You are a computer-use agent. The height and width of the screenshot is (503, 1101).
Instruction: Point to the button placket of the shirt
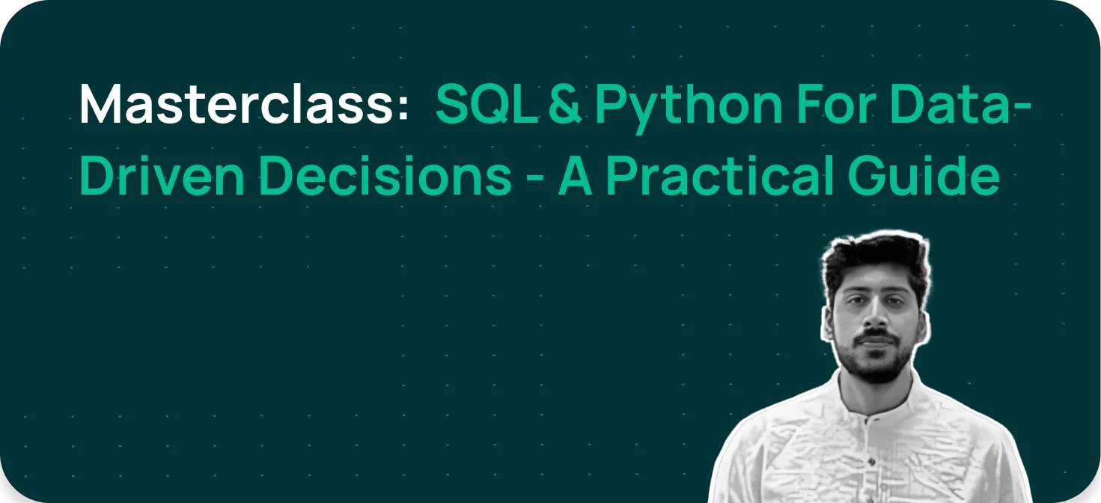click(869, 449)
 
